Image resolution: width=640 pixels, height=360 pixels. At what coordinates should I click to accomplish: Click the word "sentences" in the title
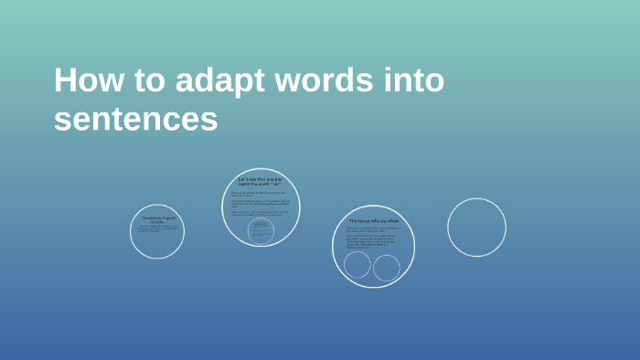tap(135, 119)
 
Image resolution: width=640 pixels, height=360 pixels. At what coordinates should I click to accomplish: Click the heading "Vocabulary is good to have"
tap(157, 219)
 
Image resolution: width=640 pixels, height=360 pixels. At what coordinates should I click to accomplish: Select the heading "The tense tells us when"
tap(373, 221)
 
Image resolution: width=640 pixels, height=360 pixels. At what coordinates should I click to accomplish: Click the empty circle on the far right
tap(476, 228)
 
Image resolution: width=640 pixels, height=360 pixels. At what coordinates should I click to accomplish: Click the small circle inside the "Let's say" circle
tap(261, 230)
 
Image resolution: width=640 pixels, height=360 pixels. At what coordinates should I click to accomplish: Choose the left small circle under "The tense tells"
tap(357, 265)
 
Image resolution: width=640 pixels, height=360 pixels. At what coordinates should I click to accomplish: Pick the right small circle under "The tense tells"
tap(387, 268)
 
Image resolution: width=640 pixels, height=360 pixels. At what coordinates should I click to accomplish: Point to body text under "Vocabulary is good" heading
tap(155, 228)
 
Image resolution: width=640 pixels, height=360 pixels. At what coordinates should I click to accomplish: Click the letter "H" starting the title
tap(64, 80)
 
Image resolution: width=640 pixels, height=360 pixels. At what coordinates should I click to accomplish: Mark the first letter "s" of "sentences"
tap(60, 120)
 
